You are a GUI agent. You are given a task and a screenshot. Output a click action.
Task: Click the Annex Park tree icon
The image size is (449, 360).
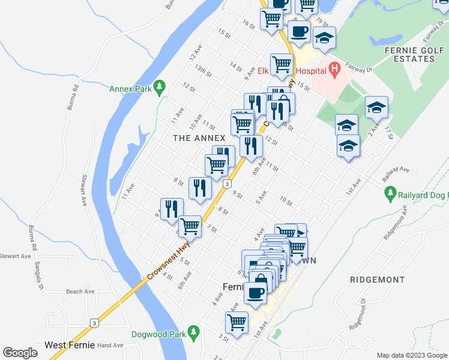159,88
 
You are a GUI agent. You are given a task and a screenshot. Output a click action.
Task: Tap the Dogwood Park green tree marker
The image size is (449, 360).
193,332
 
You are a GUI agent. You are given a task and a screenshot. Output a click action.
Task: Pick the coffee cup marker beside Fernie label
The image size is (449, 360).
255,293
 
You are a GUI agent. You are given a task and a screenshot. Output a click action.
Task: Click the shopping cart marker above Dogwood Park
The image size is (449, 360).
237,322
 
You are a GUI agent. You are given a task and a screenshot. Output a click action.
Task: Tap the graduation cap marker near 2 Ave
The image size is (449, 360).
376,108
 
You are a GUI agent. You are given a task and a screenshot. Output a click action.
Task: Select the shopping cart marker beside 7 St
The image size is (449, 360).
190,226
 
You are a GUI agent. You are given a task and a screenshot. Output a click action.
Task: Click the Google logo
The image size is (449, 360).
20,353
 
